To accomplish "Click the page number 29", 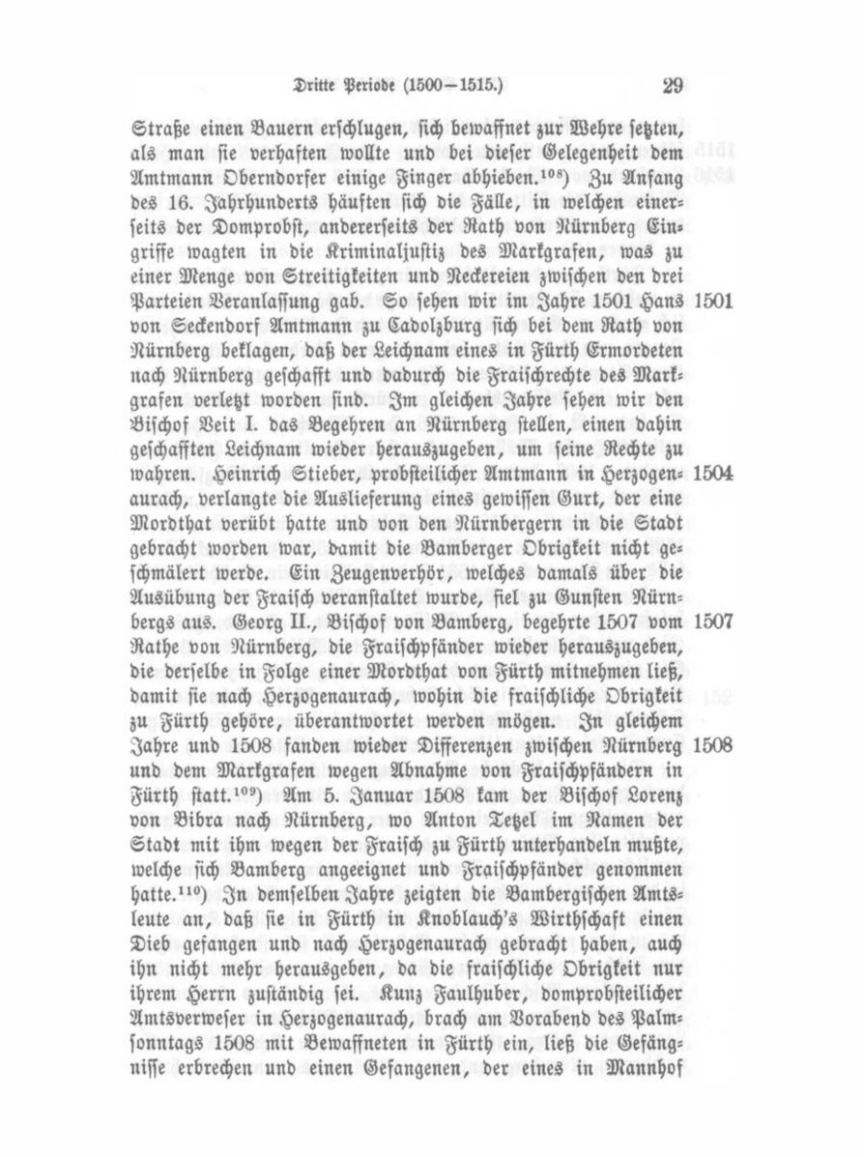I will pyautogui.click(x=673, y=86).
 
